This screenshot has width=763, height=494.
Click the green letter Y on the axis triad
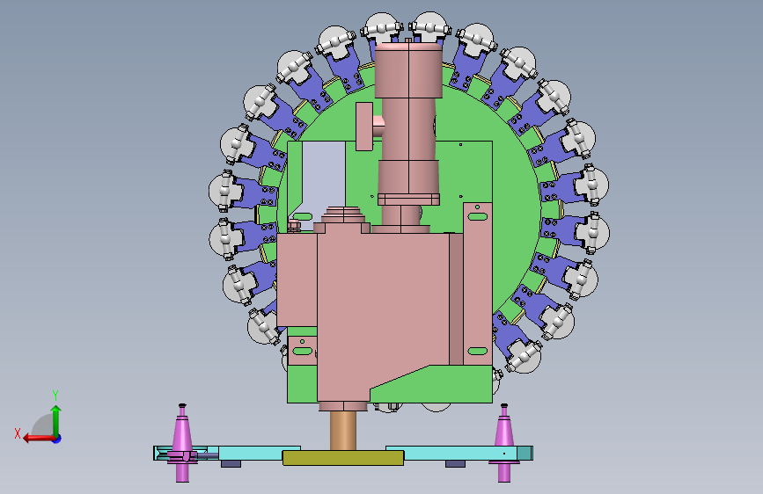click(55, 395)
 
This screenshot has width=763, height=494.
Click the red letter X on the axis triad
click(18, 433)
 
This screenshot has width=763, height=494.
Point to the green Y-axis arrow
click(56, 421)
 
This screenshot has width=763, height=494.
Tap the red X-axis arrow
click(40, 439)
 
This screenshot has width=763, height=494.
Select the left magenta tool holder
click(182, 442)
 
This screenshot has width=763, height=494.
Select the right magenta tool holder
click(504, 442)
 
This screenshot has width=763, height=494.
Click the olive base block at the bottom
click(343, 458)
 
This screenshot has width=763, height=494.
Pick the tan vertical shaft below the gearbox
click(343, 431)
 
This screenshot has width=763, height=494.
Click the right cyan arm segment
click(459, 454)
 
